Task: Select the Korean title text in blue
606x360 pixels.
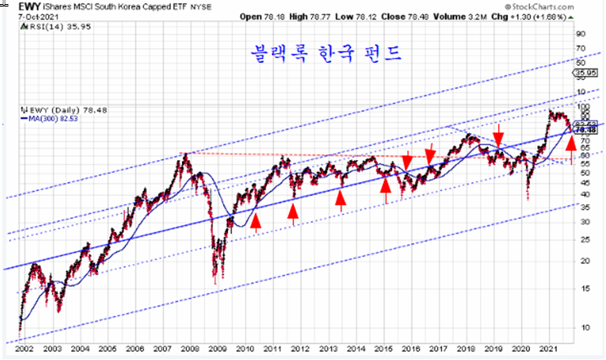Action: pyautogui.click(x=326, y=54)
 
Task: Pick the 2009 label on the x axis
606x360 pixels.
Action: pyautogui.click(x=217, y=350)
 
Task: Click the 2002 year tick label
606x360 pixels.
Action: pyautogui.click(x=23, y=350)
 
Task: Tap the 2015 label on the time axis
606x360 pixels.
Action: pyautogui.click(x=384, y=350)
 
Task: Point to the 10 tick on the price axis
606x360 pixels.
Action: pyautogui.click(x=583, y=327)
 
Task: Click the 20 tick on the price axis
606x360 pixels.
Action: pyautogui.click(x=583, y=260)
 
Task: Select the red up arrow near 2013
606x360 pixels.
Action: pyautogui.click(x=341, y=200)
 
